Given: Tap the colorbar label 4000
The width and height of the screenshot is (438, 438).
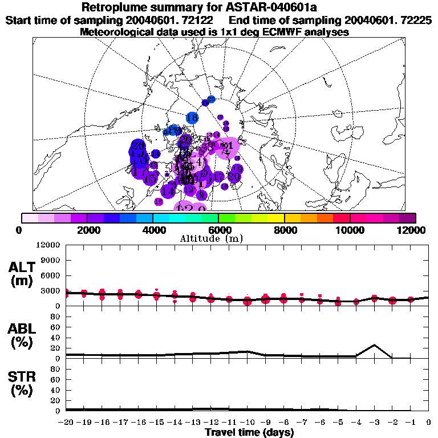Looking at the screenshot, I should [152, 230].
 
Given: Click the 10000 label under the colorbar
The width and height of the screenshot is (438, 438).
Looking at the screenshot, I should [350, 230].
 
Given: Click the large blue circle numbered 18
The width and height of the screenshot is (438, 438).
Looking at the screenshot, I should [192, 118].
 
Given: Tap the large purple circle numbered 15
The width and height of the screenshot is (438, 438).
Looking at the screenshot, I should [151, 179].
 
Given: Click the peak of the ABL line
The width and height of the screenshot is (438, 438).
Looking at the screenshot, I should [374, 345].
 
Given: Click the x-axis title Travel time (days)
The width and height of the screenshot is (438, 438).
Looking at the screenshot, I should [249, 433].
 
